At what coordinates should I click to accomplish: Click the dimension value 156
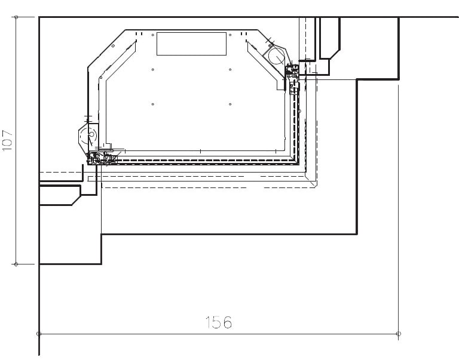(x=218, y=322)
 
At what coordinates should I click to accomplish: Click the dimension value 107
(x=8, y=141)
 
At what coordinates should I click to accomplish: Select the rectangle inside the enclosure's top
(x=191, y=44)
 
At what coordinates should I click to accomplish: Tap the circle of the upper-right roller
(x=276, y=56)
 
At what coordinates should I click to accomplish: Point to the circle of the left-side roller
(x=88, y=135)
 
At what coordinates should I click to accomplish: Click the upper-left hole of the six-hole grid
(x=153, y=35)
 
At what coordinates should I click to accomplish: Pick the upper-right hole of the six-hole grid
(x=230, y=35)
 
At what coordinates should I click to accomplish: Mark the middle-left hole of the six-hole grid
(x=153, y=70)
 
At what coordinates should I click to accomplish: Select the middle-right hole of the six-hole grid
(x=230, y=70)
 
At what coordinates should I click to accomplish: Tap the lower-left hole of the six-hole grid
(x=153, y=104)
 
